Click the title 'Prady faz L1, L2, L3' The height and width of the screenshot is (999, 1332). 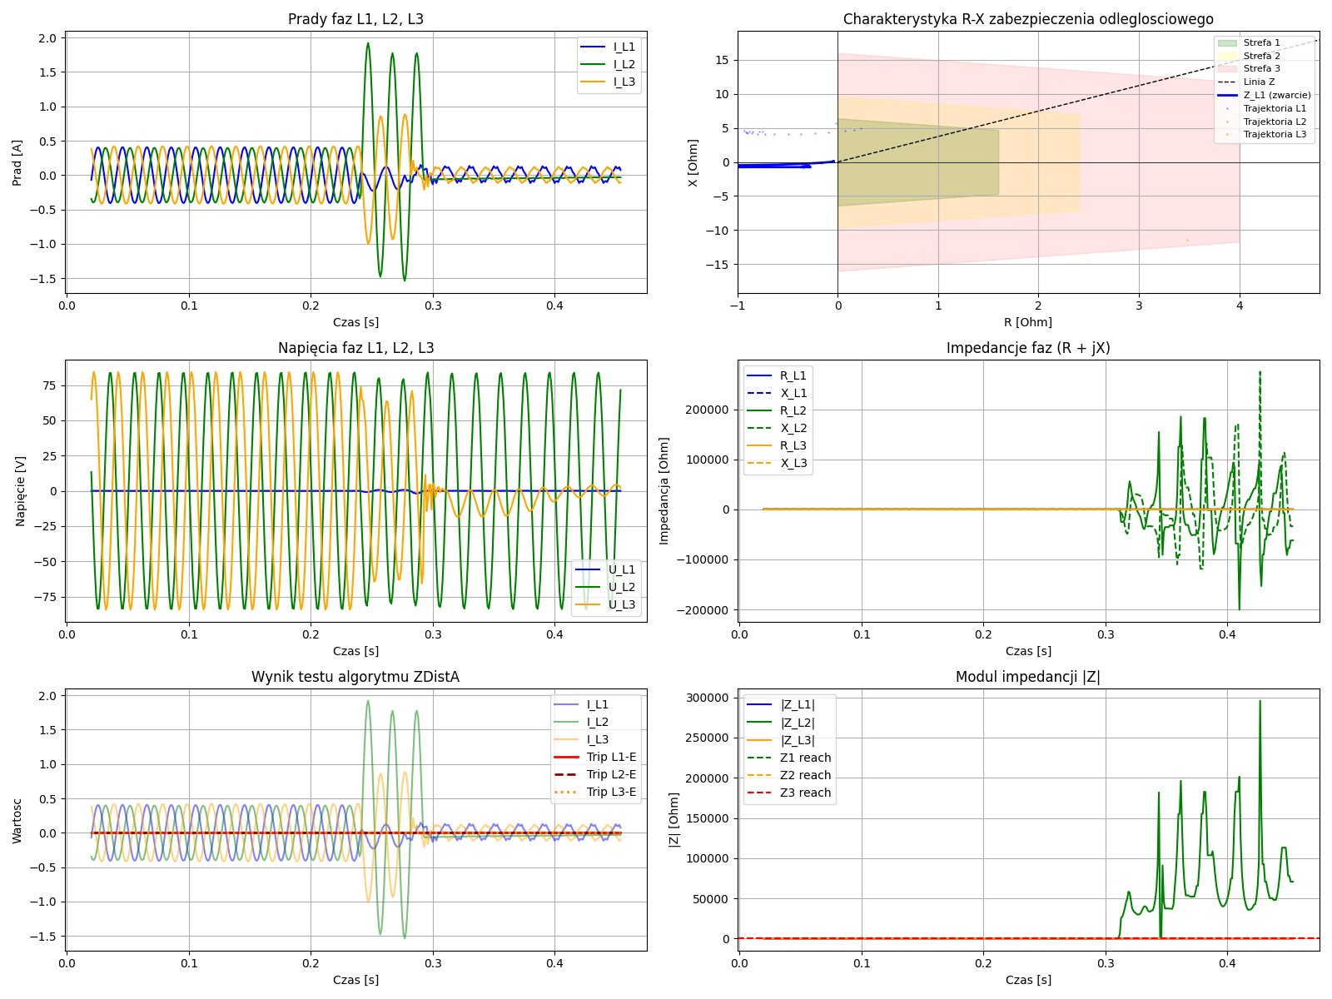355,19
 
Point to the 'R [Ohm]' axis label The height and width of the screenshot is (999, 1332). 1027,322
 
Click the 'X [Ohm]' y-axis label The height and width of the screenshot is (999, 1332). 693,162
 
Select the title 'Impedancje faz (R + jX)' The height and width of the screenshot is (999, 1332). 1027,348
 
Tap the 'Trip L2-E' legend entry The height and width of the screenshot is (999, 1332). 611,774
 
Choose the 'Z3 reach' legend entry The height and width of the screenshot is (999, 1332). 805,793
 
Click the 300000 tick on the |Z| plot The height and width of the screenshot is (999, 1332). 708,698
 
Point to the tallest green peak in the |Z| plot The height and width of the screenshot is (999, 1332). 1260,701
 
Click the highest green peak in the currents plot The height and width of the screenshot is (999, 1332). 368,43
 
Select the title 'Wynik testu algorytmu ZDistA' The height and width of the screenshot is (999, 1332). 355,677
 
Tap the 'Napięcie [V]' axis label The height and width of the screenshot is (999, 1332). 20,490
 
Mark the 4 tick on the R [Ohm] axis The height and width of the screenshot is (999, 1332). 1240,306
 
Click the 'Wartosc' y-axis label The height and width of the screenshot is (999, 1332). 17,820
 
